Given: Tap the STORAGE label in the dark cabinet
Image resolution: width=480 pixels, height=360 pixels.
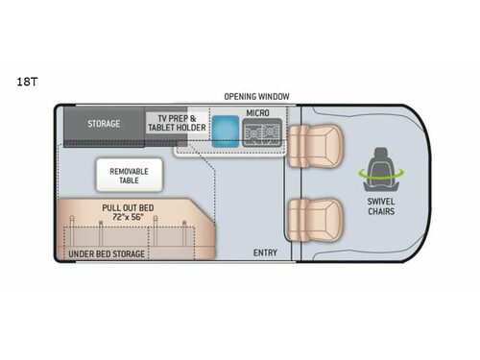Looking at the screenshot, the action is [x=104, y=124].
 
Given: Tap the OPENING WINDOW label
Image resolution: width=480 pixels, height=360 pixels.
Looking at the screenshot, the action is [x=256, y=97].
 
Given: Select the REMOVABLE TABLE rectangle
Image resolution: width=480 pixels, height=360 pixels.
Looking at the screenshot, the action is [x=130, y=176].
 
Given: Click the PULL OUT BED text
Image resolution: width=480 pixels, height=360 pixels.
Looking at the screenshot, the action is [x=130, y=206].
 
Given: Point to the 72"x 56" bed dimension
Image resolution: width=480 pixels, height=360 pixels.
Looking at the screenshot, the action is [x=130, y=217].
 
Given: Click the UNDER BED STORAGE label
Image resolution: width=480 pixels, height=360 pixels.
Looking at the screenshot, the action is [x=107, y=253].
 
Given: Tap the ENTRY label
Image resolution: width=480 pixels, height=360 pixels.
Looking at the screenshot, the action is [x=265, y=252].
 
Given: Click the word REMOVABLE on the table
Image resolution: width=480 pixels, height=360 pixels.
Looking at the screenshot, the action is [x=130, y=171].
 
